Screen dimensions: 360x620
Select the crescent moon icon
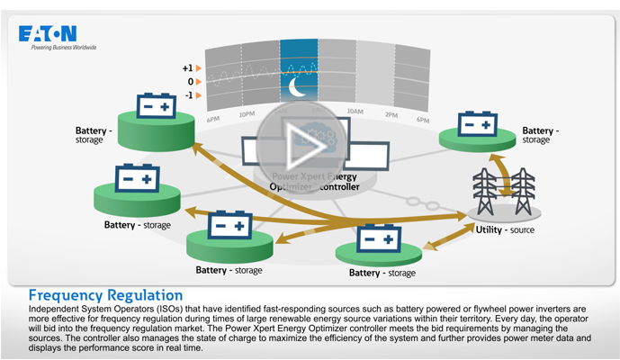pos(298,86)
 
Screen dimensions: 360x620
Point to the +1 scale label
pos(187,67)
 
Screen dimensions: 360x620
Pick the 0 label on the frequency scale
pos(190,82)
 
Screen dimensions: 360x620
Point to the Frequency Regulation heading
pos(105,295)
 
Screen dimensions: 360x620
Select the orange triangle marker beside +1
pos(200,67)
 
